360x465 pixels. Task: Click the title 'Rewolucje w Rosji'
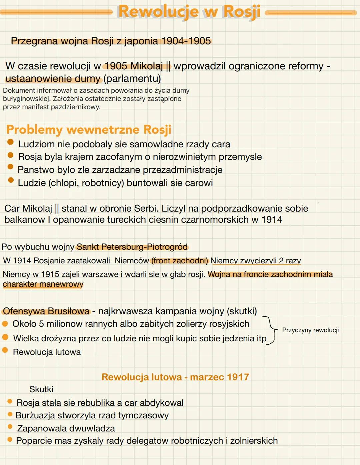click(189, 12)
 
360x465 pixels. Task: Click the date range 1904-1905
click(186, 41)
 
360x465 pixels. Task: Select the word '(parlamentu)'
click(132, 79)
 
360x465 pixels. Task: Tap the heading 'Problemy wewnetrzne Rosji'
click(89, 129)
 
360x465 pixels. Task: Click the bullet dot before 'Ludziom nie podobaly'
click(11, 142)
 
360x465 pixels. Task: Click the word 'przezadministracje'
click(182, 170)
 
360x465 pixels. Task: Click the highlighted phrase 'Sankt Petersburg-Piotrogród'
click(132, 247)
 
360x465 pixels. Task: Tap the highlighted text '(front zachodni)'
click(179, 261)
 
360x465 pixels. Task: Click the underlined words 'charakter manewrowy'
click(43, 284)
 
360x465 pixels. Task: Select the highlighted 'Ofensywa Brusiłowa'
click(46, 311)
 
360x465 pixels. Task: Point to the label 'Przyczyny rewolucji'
click(310, 330)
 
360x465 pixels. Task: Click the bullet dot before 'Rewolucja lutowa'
click(5, 350)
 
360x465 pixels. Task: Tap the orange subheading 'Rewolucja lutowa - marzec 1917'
click(175, 377)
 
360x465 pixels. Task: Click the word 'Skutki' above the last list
click(41, 389)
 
